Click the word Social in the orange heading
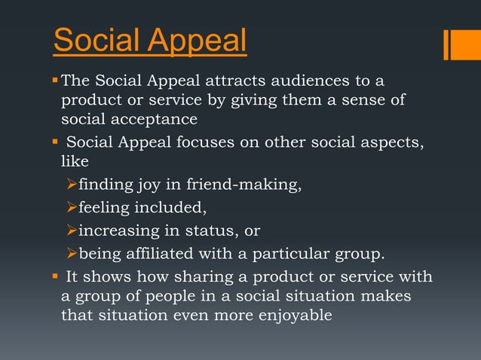click(93, 41)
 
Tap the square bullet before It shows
click(54, 276)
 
